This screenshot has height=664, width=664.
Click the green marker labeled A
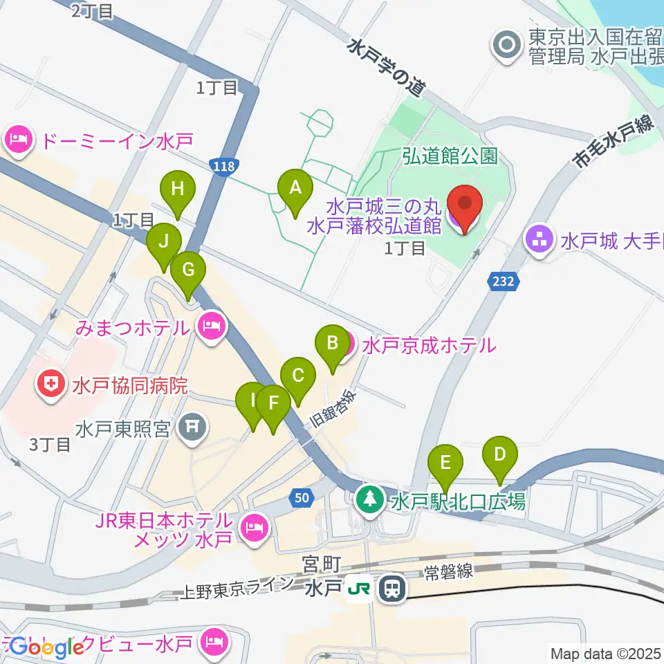[x=295, y=187]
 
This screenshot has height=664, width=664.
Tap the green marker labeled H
[x=178, y=189]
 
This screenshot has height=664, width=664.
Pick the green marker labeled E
[x=446, y=462]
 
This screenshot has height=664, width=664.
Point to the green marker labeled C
[x=298, y=376]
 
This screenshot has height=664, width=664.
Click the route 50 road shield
[x=300, y=497]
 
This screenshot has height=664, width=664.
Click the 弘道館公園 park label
[x=450, y=156]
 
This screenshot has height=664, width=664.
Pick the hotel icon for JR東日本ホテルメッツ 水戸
[x=254, y=529]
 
